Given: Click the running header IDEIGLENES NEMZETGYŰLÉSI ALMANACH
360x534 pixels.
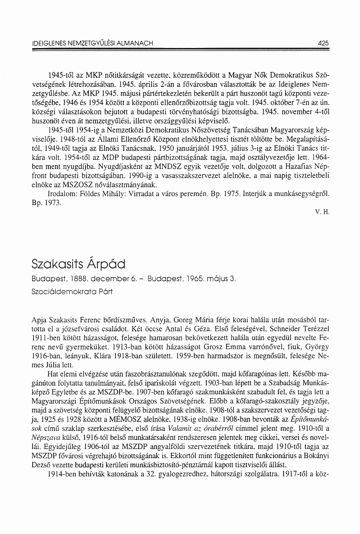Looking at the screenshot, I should click(92, 43).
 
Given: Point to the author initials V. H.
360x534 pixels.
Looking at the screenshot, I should click(323, 211).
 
